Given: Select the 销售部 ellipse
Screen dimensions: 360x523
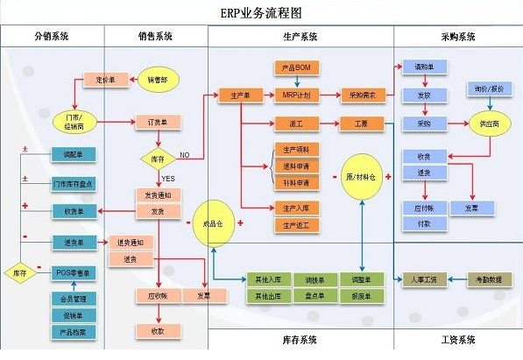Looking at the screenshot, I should [x=157, y=80].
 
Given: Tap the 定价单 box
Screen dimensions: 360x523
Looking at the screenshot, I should [x=106, y=80].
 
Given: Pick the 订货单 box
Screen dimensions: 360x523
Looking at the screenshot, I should [x=158, y=122].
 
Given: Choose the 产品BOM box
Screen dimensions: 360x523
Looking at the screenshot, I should [x=293, y=67].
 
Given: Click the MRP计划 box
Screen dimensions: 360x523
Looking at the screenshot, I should [x=293, y=95].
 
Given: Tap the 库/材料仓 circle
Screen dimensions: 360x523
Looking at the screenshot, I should [x=361, y=179].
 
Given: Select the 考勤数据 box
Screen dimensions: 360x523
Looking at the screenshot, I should [x=490, y=279].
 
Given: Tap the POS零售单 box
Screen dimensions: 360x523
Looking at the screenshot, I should [x=73, y=273].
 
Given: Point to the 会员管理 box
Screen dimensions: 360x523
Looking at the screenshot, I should [x=73, y=299].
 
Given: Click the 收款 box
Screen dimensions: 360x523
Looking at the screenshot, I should [x=158, y=331].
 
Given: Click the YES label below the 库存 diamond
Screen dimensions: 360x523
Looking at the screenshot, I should [x=168, y=179].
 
